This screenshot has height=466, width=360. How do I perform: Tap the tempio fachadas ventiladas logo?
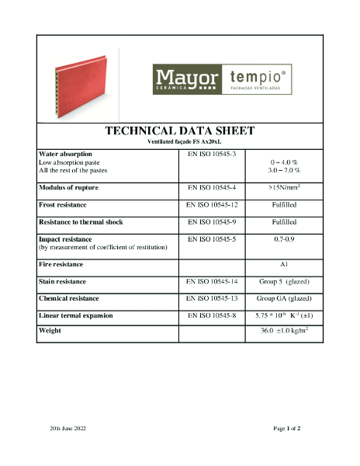pyautogui.click(x=260, y=80)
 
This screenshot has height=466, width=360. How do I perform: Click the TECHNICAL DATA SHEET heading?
pyautogui.click(x=179, y=130)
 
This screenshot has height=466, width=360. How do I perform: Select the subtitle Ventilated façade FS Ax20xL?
pyautogui.click(x=179, y=142)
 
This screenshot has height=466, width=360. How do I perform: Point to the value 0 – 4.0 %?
pyautogui.click(x=284, y=162)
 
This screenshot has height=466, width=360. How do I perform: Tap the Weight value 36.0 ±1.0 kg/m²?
pyautogui.click(x=284, y=332)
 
